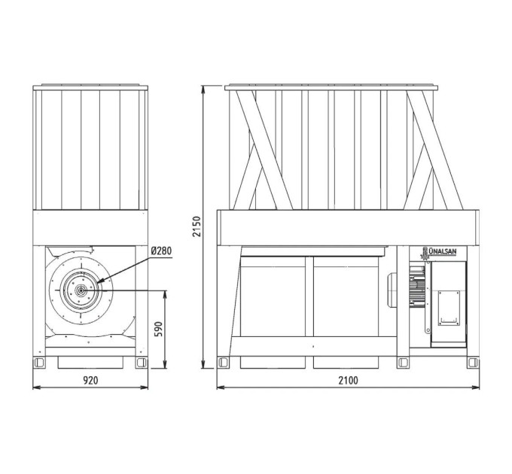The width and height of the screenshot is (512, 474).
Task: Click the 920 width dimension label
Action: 90,380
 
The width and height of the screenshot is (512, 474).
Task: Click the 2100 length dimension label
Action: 348,381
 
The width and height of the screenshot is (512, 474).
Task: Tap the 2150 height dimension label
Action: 197,226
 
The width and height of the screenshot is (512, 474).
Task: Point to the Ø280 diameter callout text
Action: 161,251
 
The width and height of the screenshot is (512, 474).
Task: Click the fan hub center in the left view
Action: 81,290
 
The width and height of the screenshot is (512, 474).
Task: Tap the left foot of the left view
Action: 39,363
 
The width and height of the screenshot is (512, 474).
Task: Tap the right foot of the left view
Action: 142,363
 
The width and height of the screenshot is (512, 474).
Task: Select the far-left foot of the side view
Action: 224,363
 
